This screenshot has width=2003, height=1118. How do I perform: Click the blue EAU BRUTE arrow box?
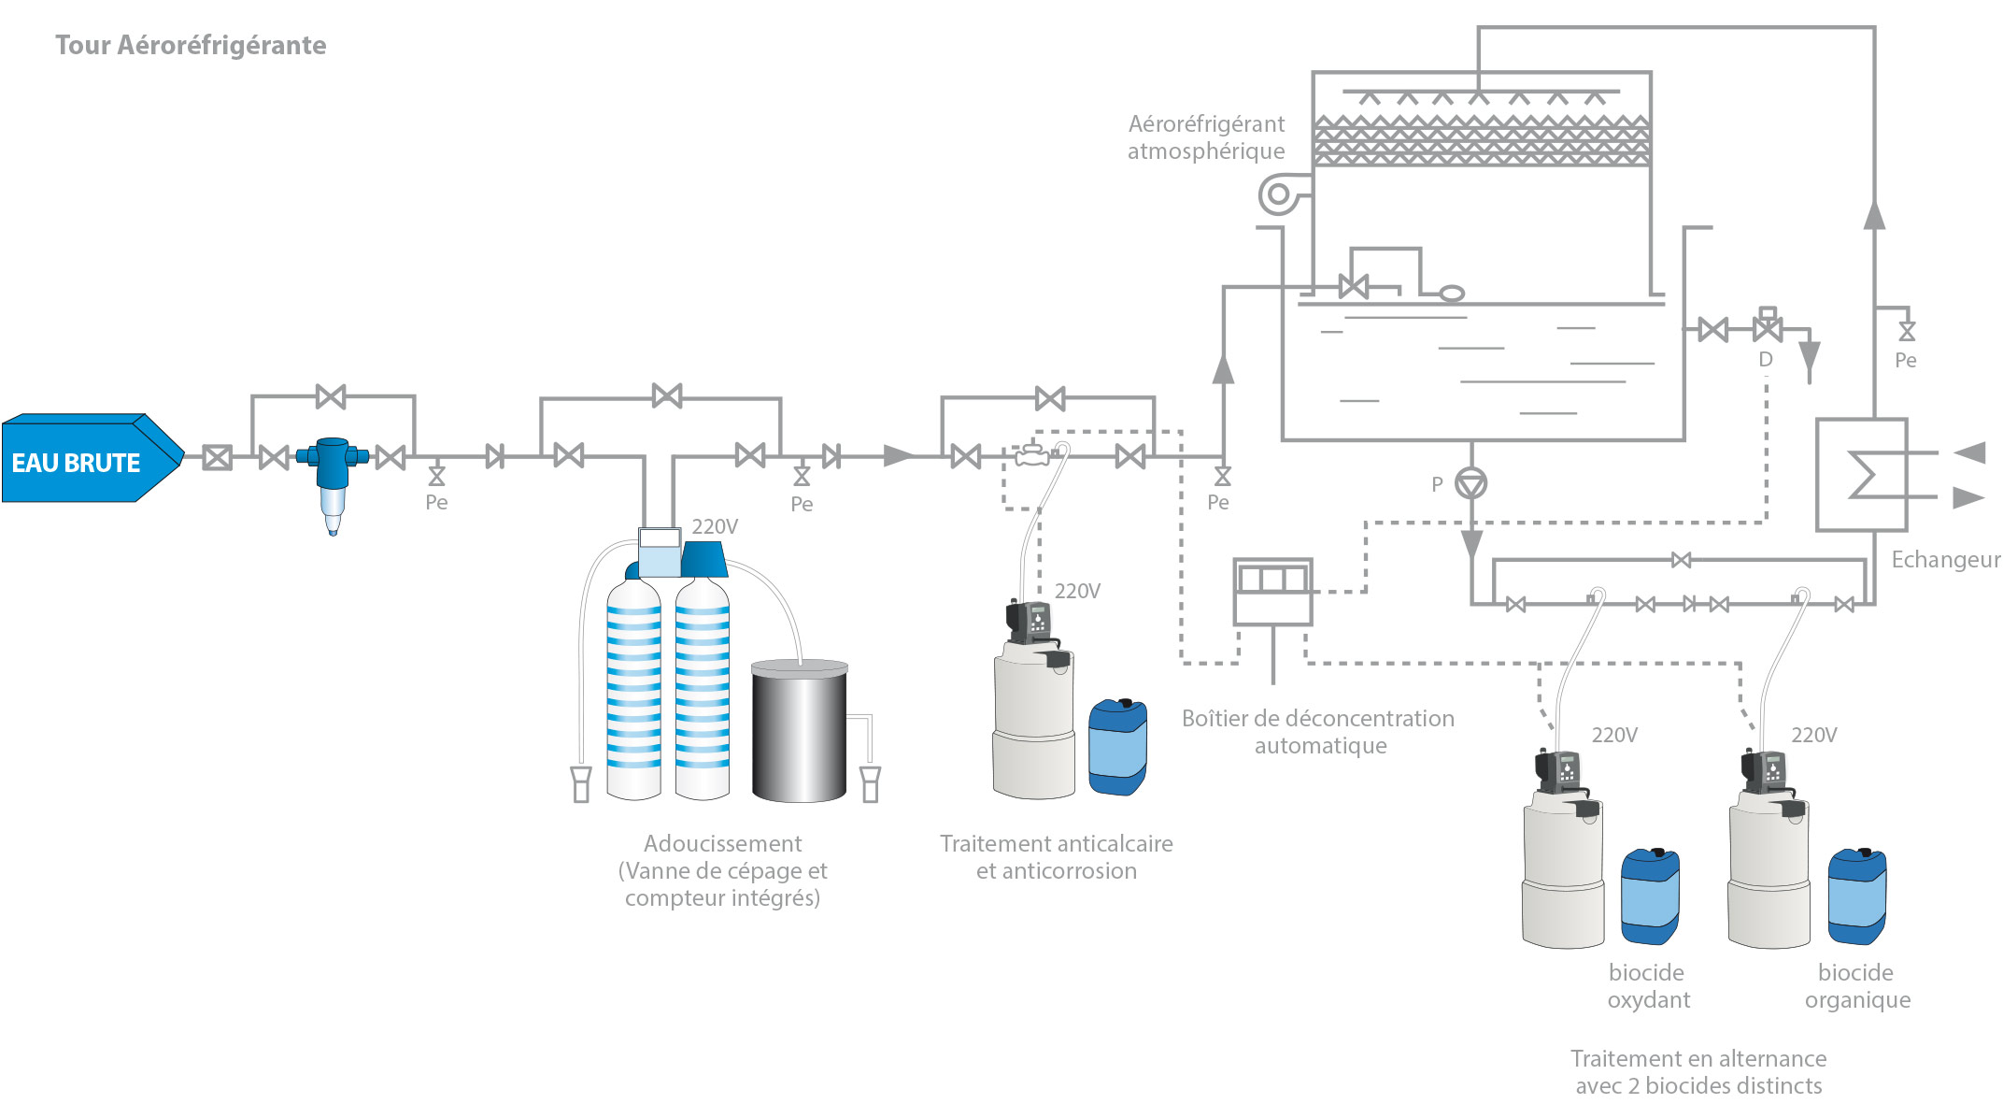tap(92, 458)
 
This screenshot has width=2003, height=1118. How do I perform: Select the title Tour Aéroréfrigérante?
tap(191, 45)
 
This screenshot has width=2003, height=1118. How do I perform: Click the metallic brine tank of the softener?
tap(800, 730)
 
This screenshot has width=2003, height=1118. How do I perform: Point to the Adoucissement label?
tap(722, 843)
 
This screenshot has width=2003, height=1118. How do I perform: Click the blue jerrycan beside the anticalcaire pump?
tap(1117, 747)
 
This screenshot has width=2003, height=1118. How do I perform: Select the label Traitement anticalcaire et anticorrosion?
tap(1057, 857)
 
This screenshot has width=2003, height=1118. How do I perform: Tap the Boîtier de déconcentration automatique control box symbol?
tap(1272, 592)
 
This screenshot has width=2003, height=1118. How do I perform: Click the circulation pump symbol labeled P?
tap(1471, 483)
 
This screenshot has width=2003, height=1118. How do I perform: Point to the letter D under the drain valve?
tap(1766, 360)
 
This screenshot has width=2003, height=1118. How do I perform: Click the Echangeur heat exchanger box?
tap(1861, 475)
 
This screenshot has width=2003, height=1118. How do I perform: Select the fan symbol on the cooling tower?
tap(1279, 195)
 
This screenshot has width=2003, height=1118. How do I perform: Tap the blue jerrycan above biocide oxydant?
tap(1650, 896)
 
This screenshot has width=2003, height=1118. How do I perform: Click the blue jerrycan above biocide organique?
tap(1856, 896)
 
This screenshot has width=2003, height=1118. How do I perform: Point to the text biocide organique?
tap(1857, 986)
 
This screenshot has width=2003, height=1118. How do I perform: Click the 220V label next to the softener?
tap(715, 526)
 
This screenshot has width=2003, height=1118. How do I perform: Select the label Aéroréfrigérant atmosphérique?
tap(1206, 137)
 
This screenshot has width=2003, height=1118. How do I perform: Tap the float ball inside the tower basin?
tap(1451, 294)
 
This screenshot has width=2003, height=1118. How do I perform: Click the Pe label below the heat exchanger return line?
tap(1906, 360)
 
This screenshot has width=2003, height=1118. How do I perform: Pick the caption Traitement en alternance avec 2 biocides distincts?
tap(1698, 1072)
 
